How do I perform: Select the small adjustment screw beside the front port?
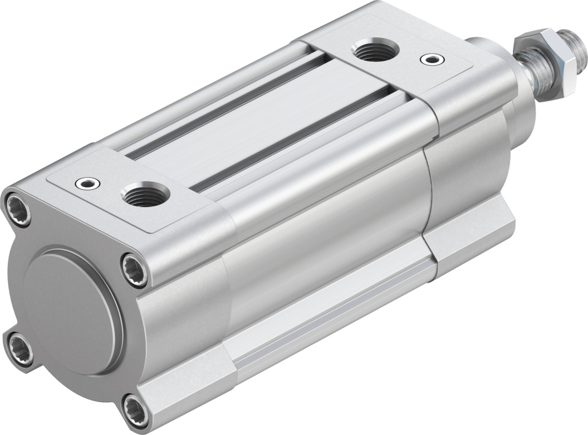point(429,58)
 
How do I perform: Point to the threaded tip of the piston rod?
point(571,39)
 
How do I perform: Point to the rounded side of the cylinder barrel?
point(329,223)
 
